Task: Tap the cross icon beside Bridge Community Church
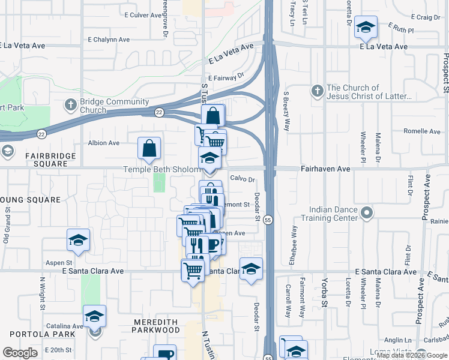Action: pyautogui.click(x=70, y=105)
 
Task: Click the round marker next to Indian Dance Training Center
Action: pyautogui.click(x=366, y=213)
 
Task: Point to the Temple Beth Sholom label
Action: pyautogui.click(x=162, y=170)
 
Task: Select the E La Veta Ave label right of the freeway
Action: pyautogui.click(x=384, y=46)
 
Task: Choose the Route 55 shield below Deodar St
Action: pyautogui.click(x=269, y=220)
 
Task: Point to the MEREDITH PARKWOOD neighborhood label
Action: pyautogui.click(x=156, y=326)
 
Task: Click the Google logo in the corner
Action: pyautogui.click(x=19, y=353)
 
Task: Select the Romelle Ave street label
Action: pyautogui.click(x=423, y=131)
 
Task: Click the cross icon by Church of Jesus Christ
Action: pyautogui.click(x=318, y=92)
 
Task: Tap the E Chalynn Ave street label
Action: pyautogui.click(x=109, y=40)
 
